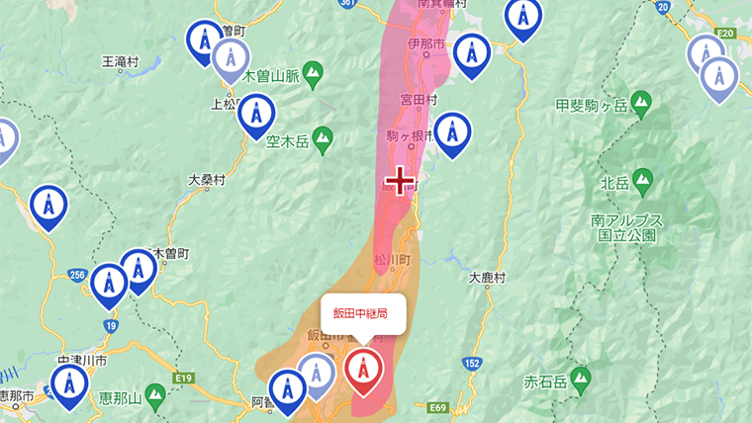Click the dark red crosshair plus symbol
coord(399,181)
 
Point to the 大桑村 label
coord(206,181)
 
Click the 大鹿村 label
coord(486,279)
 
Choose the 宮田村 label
coord(420,100)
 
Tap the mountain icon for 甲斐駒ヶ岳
coord(641,101)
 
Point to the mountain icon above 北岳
coord(643,180)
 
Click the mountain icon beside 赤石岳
coord(583,377)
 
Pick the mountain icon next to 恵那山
coord(154,396)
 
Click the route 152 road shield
coord(473,363)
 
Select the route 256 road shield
coord(78,274)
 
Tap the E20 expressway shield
coord(726,34)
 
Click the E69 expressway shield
coord(438,407)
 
